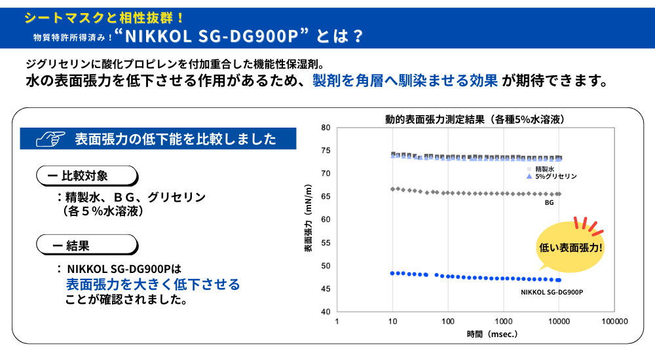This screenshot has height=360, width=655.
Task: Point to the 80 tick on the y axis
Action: (325, 128)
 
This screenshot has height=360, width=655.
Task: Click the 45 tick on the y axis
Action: (325, 289)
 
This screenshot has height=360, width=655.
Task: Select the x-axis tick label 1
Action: (337, 321)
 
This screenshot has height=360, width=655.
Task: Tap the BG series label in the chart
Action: (550, 203)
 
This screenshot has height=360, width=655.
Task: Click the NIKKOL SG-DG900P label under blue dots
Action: (552, 292)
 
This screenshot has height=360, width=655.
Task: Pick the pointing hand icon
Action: (51, 139)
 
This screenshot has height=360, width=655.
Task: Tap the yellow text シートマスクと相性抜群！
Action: (103, 16)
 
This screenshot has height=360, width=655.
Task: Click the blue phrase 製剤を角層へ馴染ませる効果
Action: (405, 81)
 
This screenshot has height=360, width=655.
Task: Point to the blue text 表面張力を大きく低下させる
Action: (153, 285)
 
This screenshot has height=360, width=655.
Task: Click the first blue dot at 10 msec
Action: (392, 272)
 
